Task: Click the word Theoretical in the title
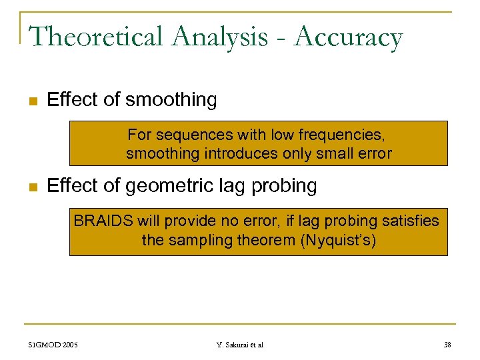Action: tap(96, 37)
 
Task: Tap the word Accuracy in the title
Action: tap(349, 37)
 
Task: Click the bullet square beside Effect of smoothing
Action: tap(31, 101)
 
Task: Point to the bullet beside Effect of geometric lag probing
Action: tap(31, 187)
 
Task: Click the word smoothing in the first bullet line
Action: tap(171, 100)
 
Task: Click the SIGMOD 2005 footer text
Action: tap(53, 345)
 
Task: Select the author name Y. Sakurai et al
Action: tap(240, 345)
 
